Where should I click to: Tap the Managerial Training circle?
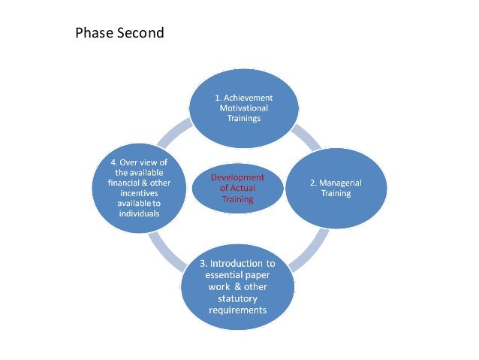click(336, 188)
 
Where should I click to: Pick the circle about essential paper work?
click(238, 286)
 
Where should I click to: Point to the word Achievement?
click(244, 98)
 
